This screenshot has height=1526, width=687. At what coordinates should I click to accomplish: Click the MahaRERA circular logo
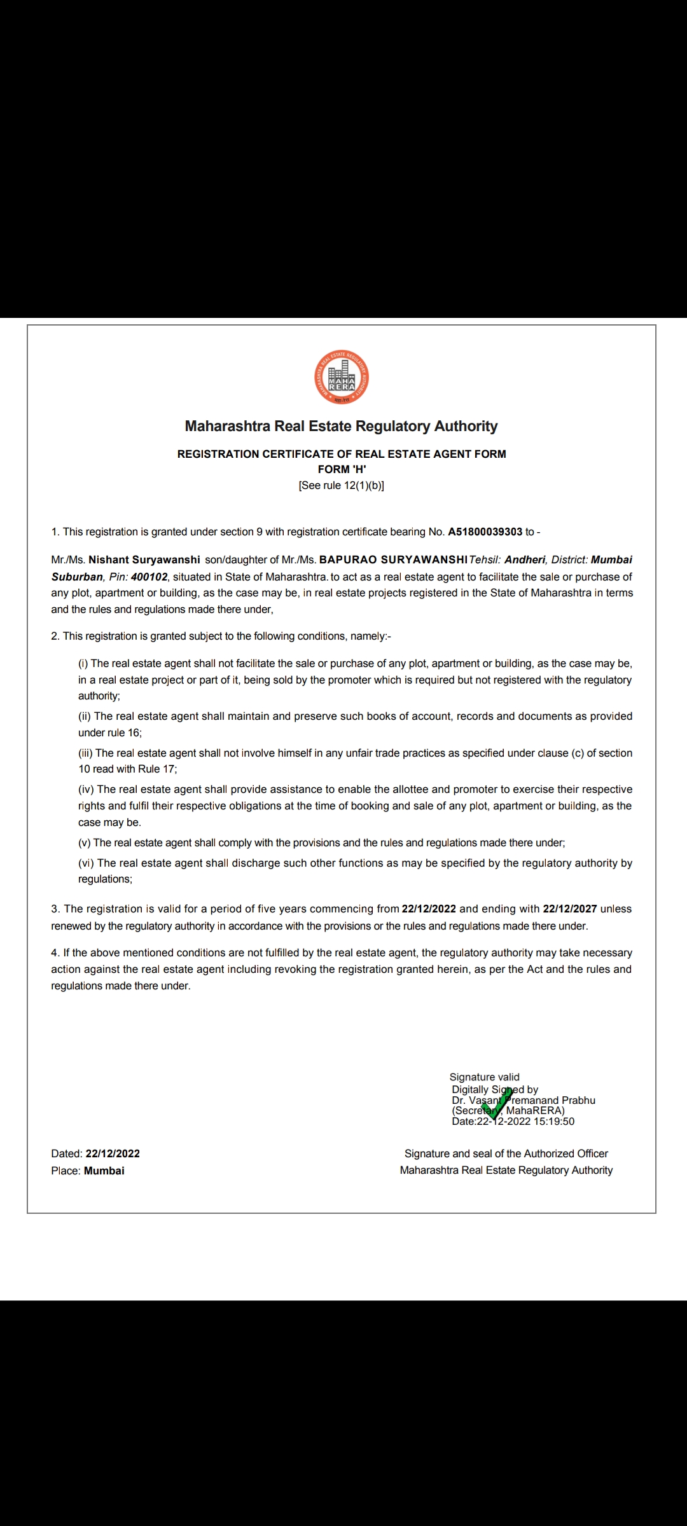tap(342, 378)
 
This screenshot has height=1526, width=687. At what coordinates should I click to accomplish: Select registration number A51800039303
tap(485, 532)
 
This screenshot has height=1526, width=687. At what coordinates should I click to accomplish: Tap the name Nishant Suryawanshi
tap(144, 560)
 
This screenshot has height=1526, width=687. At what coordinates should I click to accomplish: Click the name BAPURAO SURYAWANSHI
tap(393, 560)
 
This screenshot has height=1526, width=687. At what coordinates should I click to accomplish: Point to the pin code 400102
tap(149, 577)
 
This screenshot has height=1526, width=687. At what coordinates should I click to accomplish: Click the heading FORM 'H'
tap(342, 469)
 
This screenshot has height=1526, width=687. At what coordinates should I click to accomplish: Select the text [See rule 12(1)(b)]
tap(342, 485)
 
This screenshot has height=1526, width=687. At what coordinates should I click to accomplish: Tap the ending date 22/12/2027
tap(569, 909)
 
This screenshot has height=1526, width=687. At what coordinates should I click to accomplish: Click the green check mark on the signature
tap(499, 1104)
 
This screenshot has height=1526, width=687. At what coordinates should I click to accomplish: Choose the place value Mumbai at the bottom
tap(104, 1171)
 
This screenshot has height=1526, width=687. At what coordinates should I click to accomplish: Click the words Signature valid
tap(484, 1076)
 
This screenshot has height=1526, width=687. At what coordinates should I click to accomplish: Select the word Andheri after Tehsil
tap(525, 560)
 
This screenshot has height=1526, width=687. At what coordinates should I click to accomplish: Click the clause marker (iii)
tap(85, 753)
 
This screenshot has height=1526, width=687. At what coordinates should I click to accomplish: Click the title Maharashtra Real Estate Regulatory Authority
tap(342, 426)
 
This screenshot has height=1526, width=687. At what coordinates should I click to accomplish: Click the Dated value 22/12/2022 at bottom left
tap(113, 1153)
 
